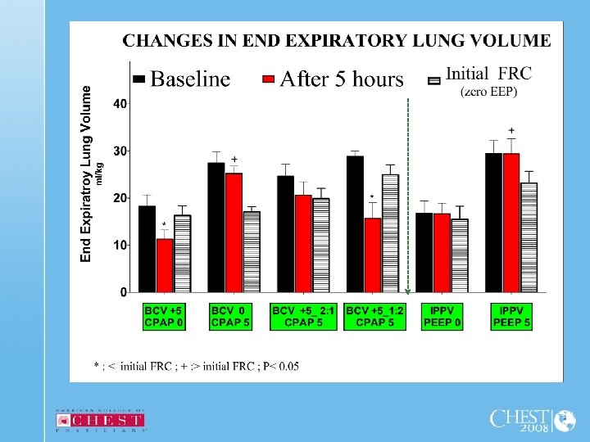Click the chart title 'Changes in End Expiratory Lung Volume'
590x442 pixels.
[337, 40]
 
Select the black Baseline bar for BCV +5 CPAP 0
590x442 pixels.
[147, 249]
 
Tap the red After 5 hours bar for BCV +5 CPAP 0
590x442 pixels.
[165, 265]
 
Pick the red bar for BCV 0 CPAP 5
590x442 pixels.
[234, 232]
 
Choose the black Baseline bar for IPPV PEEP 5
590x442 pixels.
[493, 223]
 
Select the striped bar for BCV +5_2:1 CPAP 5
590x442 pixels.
[320, 245]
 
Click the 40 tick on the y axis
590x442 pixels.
[120, 104]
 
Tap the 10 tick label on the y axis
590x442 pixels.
[120, 245]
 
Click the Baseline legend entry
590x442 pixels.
[182, 79]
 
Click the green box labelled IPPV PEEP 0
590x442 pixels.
[442, 317]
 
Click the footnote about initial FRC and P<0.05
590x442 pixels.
[196, 366]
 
